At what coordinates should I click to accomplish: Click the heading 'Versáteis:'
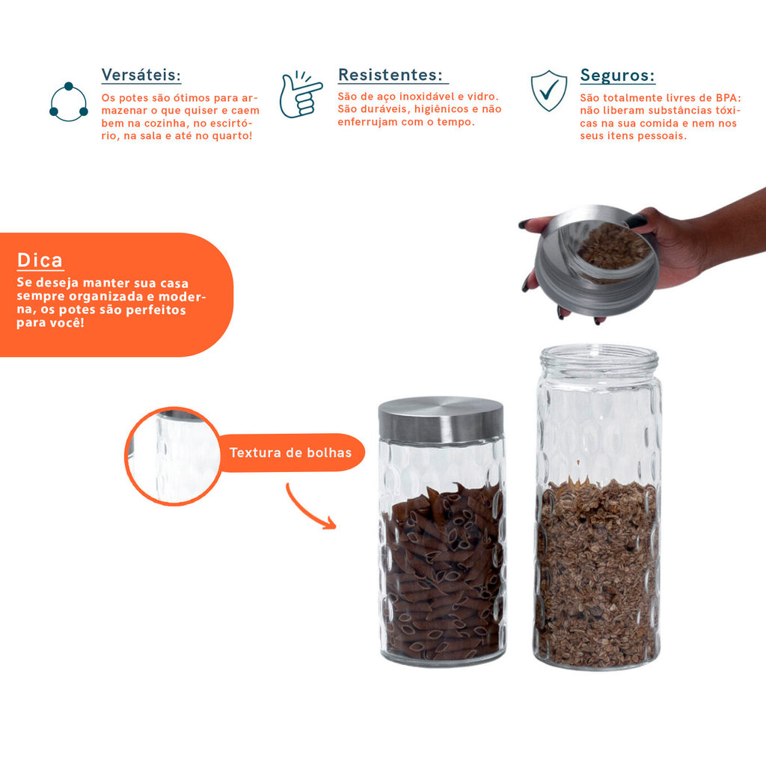pyautogui.click(x=141, y=76)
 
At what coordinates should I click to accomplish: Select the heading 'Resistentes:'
pyautogui.click(x=390, y=75)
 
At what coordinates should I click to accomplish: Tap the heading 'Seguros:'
pyautogui.click(x=617, y=76)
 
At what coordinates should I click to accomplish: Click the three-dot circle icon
pyautogui.click(x=69, y=102)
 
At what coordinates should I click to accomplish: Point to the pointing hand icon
pyautogui.click(x=300, y=94)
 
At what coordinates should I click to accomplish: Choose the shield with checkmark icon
pyautogui.click(x=549, y=91)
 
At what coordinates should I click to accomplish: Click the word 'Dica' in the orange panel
pyautogui.click(x=40, y=260)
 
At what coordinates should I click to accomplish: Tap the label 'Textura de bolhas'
pyautogui.click(x=291, y=453)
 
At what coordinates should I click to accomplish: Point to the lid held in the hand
pyautogui.click(x=596, y=260)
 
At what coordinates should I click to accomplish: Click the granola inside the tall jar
pyautogui.click(x=597, y=572)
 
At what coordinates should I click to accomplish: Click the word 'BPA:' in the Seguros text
pyautogui.click(x=729, y=98)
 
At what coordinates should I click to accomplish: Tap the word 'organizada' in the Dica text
pyautogui.click(x=102, y=296)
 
